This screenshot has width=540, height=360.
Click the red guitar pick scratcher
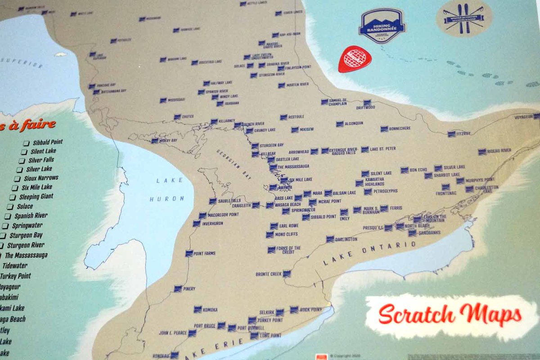point(354,59)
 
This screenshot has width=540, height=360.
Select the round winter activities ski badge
point(463,18)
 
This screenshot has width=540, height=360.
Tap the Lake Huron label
point(166,189)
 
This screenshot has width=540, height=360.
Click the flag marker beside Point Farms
point(189,254)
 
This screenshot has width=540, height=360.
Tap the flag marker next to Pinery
point(178,288)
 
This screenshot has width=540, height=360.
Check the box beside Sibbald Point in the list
point(27,143)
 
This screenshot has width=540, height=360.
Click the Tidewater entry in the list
point(15,265)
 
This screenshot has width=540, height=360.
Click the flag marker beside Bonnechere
point(384,129)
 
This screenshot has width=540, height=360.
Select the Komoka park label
point(210,310)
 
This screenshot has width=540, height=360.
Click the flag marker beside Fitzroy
point(451,134)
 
